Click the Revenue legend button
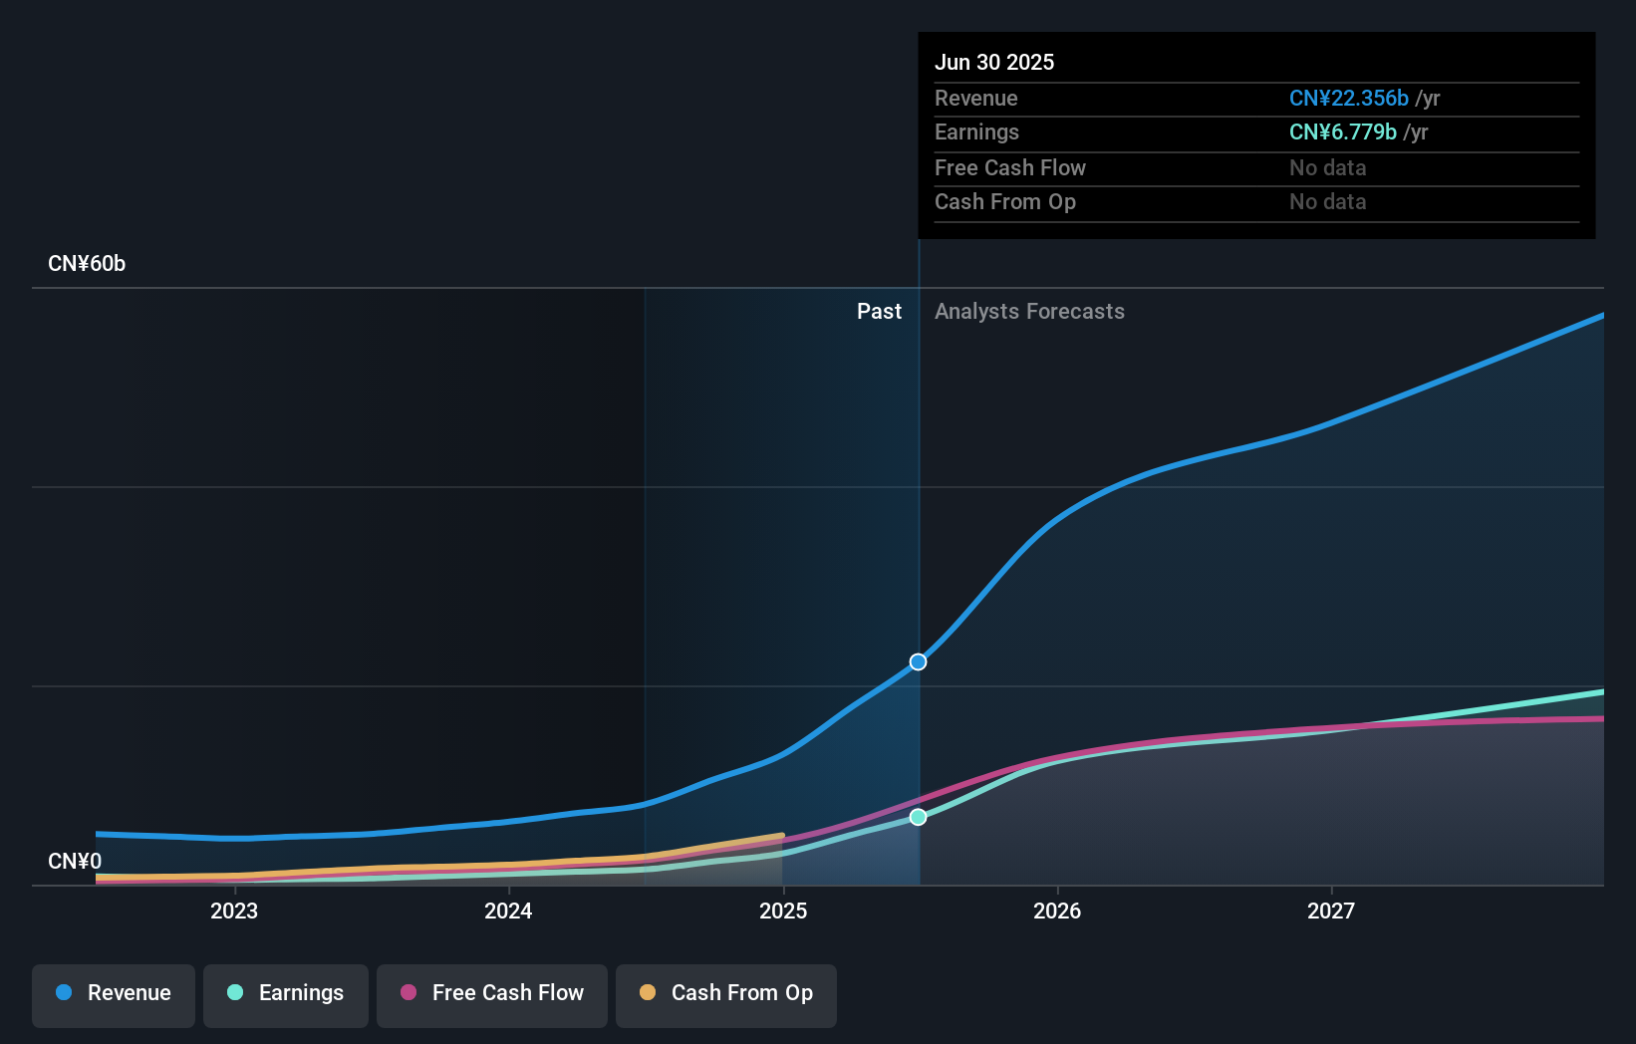tap(114, 994)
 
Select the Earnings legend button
tap(286, 994)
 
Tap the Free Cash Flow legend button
tap(492, 994)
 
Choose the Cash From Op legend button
tap(726, 994)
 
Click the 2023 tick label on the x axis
tap(234, 911)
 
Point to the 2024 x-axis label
tap(508, 911)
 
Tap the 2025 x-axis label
tap(783, 911)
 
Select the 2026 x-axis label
tap(1057, 911)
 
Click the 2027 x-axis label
tap(1331, 911)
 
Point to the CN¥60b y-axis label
tap(87, 264)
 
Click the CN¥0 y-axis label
tap(75, 861)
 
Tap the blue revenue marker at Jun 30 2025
tap(918, 662)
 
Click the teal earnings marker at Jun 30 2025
tap(918, 817)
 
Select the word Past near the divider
tap(879, 312)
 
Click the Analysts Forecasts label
tap(1029, 312)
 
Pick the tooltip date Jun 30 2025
tap(993, 63)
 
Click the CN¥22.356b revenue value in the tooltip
tap(1348, 99)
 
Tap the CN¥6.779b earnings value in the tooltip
tap(1342, 132)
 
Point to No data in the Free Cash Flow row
tap(1327, 168)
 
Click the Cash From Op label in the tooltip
tap(1004, 202)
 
